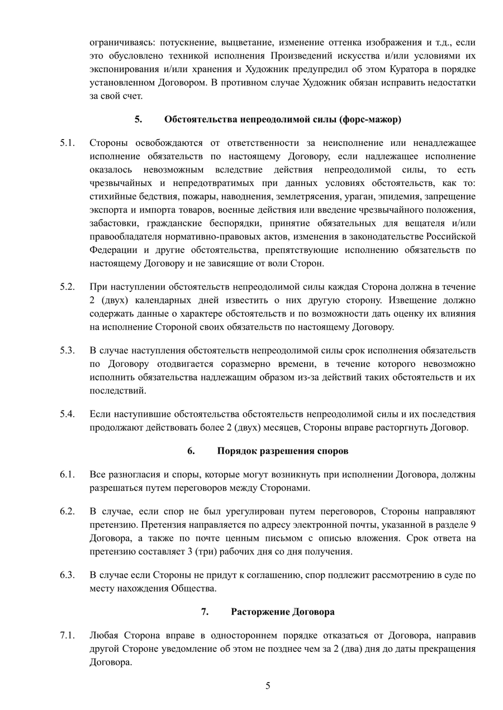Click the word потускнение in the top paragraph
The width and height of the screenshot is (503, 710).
click(188, 42)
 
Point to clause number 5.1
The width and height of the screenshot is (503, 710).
click(68, 143)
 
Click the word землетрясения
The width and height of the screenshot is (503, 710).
click(304, 197)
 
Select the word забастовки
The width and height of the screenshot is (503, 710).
click(112, 223)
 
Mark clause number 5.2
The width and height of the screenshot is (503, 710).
click(68, 287)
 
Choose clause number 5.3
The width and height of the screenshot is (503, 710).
click(68, 351)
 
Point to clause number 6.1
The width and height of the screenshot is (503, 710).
click(68, 475)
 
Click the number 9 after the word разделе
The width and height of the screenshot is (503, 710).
click(474, 525)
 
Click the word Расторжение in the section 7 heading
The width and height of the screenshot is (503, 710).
click(257, 612)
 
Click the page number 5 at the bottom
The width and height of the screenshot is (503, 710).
click(268, 686)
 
